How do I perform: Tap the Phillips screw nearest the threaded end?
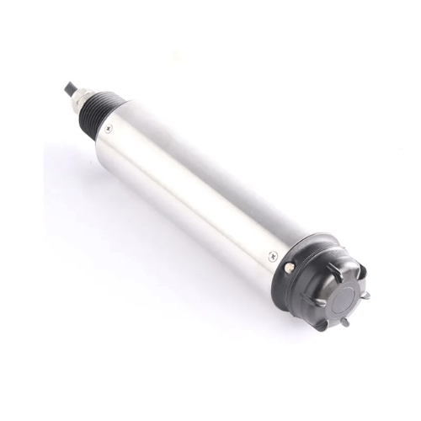[109, 127]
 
